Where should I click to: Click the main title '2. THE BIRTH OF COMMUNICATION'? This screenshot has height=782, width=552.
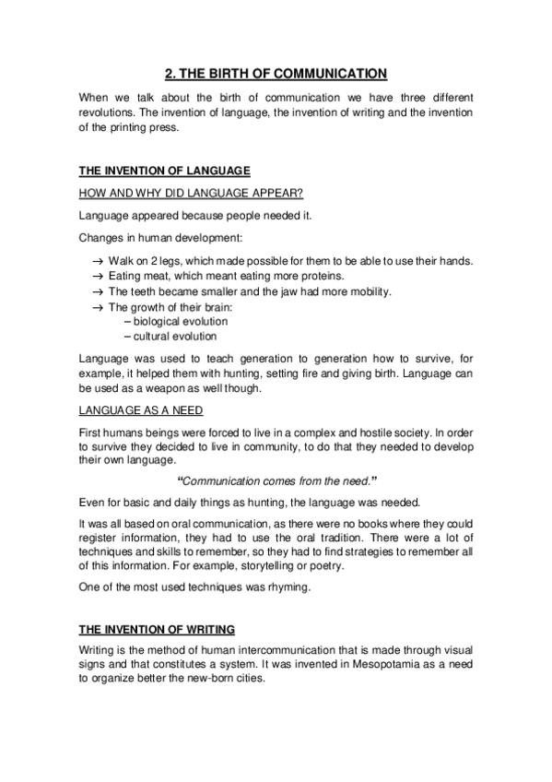276,74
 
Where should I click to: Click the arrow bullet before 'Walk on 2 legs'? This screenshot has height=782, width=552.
97,262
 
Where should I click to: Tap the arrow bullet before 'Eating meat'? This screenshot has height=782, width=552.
97,277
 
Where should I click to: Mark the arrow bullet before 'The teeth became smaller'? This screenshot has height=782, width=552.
97,291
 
